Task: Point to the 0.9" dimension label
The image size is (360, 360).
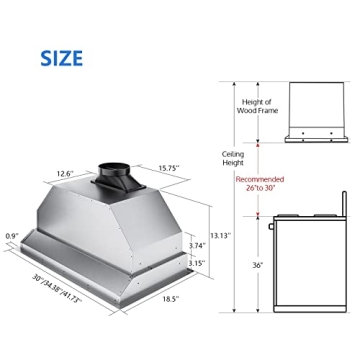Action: coord(13,236)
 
